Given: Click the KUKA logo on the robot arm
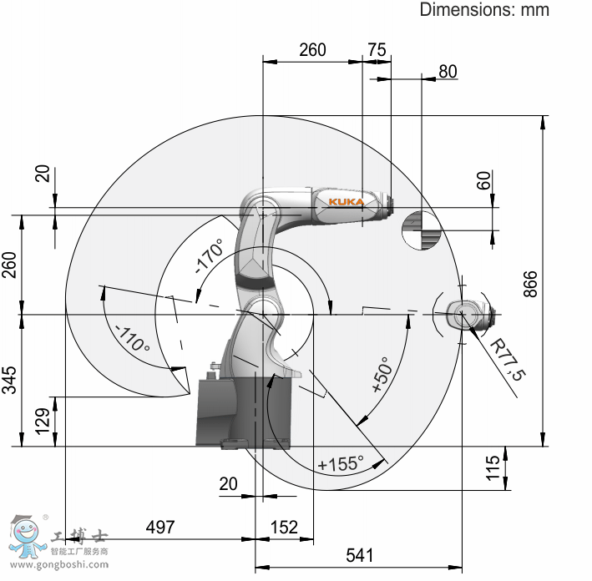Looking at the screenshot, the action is click(347, 202).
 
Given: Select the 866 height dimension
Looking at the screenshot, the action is click(530, 284).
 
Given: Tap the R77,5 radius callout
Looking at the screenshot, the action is click(508, 360).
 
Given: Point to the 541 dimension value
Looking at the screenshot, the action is click(360, 555).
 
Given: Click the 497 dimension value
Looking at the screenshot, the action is click(160, 527).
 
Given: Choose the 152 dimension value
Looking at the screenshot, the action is click(284, 527).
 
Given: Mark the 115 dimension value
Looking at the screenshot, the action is click(493, 468).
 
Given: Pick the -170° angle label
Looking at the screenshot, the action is click(210, 255).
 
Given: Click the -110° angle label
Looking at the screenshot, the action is click(133, 338).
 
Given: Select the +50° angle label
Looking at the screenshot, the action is click(382, 374).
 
